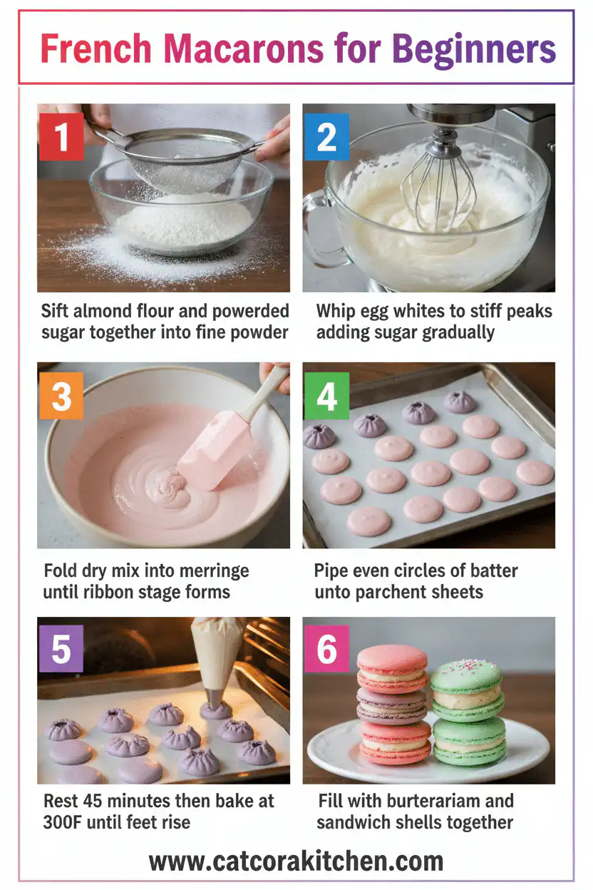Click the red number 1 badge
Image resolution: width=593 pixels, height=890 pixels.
tap(61, 136)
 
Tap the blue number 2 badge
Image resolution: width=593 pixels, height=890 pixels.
tap(326, 136)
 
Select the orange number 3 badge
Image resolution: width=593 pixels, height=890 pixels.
tap(61, 396)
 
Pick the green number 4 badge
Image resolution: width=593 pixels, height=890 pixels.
tap(326, 396)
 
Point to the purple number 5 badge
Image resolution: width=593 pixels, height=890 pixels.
tap(61, 649)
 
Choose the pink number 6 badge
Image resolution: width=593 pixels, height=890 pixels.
tap(326, 649)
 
